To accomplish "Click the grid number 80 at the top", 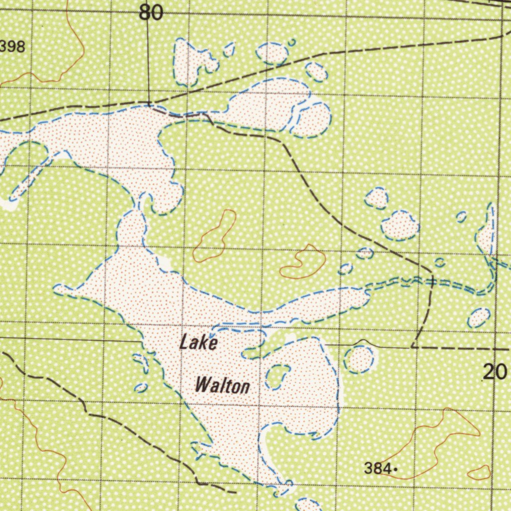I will pyautogui.click(x=151, y=13).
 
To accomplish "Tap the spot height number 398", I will pyautogui.click(x=12, y=47).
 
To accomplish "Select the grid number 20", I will pyautogui.click(x=495, y=372).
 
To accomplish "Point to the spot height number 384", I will pyautogui.click(x=377, y=469).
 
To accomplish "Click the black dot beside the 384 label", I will pyautogui.click(x=395, y=469).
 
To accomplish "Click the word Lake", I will pyautogui.click(x=199, y=343).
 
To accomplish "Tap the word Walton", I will pyautogui.click(x=222, y=386).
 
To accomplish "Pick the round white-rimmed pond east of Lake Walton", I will pyautogui.click(x=359, y=359).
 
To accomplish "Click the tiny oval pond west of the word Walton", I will pyautogui.click(x=141, y=387).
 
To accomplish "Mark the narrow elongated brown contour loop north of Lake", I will pyautogui.click(x=215, y=236).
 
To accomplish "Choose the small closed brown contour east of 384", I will pyautogui.click(x=480, y=472).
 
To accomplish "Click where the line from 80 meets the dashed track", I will pyautogui.click(x=149, y=104).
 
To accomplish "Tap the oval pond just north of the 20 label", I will pyautogui.click(x=479, y=318).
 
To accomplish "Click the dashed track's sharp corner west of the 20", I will pyautogui.click(x=413, y=346).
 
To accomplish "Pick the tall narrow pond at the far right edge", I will pyautogui.click(x=487, y=231).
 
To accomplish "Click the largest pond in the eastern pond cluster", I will pyautogui.click(x=400, y=225).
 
